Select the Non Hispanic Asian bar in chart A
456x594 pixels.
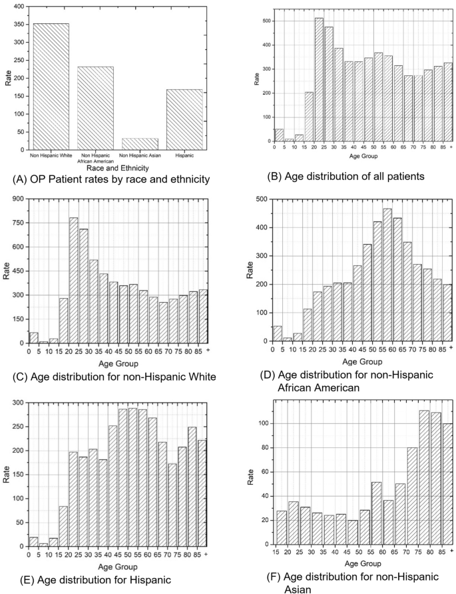(x=139, y=144)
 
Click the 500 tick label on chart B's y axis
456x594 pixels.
(x=266, y=21)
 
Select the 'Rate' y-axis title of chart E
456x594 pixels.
(x=5, y=473)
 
